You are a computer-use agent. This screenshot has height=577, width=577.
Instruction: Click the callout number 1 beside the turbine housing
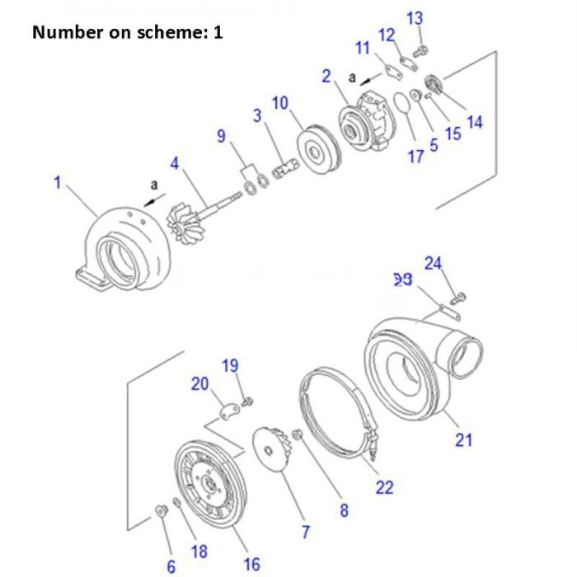58,182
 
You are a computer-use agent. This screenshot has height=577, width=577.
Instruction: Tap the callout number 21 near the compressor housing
464,439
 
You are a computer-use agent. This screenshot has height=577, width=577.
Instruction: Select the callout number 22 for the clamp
384,486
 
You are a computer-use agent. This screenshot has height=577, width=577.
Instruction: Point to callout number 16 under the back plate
251,564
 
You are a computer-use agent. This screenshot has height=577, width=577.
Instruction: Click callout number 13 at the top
415,18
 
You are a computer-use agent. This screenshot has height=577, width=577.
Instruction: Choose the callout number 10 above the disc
280,103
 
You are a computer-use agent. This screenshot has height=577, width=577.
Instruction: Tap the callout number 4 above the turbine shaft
174,163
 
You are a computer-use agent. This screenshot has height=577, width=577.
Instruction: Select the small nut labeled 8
298,434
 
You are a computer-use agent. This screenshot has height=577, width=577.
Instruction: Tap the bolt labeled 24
460,295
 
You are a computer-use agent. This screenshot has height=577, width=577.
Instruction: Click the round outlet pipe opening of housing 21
464,358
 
